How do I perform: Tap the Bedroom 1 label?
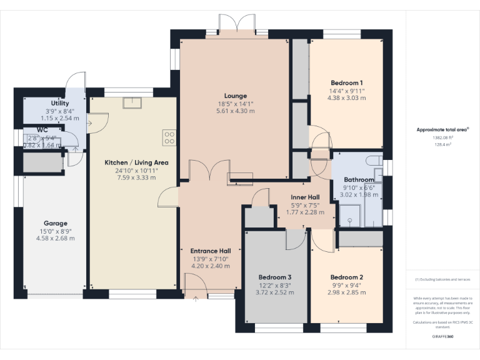(x=347, y=82)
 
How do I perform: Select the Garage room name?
(x=55, y=223)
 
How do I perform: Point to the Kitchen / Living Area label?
(x=136, y=162)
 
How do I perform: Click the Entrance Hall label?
(x=211, y=251)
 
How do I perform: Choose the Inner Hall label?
(x=305, y=197)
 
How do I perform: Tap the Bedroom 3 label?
(x=275, y=277)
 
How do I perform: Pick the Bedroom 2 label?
(x=347, y=277)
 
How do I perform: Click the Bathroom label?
(x=359, y=179)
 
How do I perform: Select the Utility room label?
(x=60, y=103)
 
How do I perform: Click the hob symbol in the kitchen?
(x=169, y=137)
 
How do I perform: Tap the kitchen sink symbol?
(x=132, y=103)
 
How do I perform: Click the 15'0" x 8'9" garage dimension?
(x=55, y=231)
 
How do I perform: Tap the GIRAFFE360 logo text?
(x=443, y=336)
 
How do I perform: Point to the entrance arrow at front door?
(x=196, y=299)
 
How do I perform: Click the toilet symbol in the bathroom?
(x=376, y=161)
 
